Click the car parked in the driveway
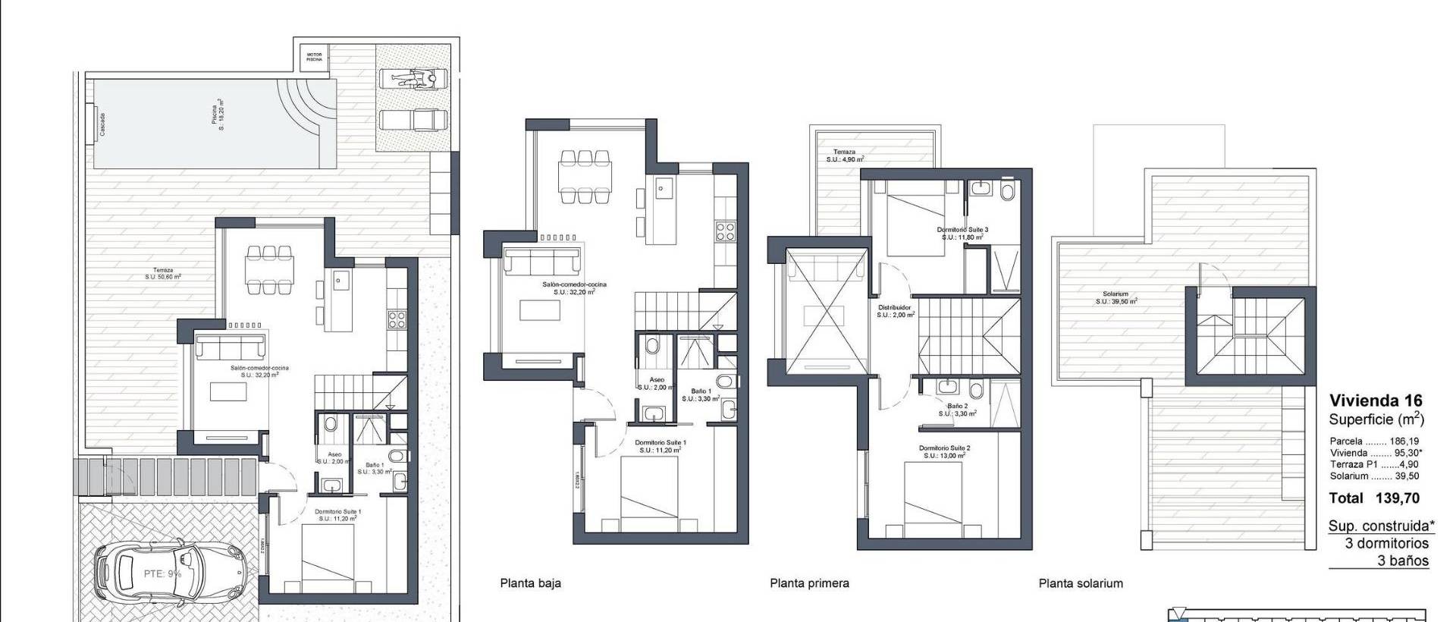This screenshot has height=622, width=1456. (x=162, y=575)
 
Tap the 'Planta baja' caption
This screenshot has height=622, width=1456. (x=530, y=583)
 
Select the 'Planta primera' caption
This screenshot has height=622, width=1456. (x=809, y=583)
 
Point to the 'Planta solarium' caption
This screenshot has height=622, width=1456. (x=1081, y=583)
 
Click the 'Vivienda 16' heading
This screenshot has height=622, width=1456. (x=1376, y=401)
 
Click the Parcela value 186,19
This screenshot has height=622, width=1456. (x=1404, y=441)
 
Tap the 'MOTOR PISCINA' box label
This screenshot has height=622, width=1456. (x=314, y=57)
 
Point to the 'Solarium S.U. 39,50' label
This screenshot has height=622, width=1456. (x=1116, y=297)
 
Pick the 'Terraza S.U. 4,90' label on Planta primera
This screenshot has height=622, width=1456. (x=845, y=155)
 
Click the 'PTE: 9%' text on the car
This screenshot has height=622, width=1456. (x=162, y=574)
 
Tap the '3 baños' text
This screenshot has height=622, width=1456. (x=1402, y=561)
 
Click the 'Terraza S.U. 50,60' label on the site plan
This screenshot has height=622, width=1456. (x=163, y=273)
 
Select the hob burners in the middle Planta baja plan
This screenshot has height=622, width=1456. (x=724, y=231)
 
